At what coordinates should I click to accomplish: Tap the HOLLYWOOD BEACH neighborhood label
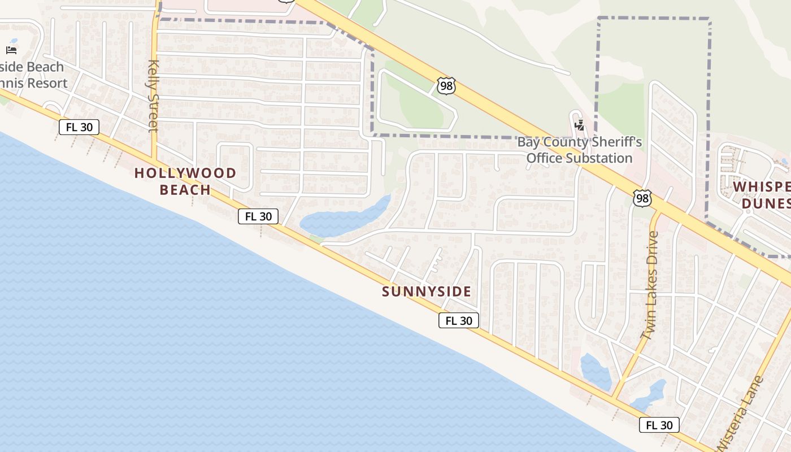pos(185,181)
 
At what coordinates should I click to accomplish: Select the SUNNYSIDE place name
pos(426,292)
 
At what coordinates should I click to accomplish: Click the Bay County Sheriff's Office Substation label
pos(580,150)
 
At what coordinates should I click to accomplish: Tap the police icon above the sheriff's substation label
pos(579,125)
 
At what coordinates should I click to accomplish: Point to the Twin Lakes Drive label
pos(650,285)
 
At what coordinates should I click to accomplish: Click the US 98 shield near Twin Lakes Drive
pos(642,198)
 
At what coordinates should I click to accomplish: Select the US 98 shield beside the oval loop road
pos(446,86)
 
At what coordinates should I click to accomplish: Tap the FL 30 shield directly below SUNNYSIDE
pos(459,321)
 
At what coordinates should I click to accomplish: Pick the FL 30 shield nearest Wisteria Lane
pos(659,425)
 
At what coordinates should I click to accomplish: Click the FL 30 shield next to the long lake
pos(258,216)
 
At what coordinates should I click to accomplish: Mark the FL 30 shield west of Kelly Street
pos(79,127)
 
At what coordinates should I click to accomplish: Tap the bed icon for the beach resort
pos(11,50)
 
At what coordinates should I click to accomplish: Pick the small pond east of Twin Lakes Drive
pos(650,395)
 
